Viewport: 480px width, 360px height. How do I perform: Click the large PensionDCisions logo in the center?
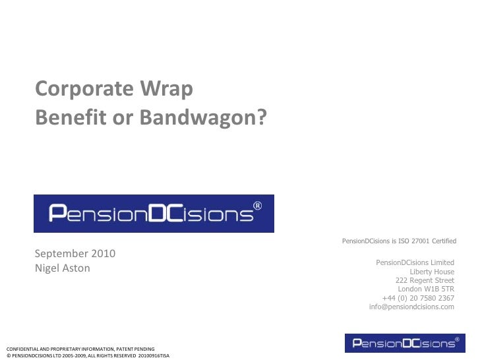click(154, 214)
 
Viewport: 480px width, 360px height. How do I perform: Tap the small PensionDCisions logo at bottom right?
click(404, 343)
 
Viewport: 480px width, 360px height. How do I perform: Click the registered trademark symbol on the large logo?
click(258, 205)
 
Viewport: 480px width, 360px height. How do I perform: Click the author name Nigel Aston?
click(63, 268)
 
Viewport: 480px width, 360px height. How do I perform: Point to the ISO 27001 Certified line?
click(399, 241)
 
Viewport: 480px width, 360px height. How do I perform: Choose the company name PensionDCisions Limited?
click(415, 263)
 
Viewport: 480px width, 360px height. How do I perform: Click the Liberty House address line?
click(432, 272)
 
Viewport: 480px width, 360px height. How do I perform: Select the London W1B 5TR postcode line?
click(426, 289)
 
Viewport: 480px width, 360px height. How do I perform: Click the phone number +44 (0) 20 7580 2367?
click(418, 298)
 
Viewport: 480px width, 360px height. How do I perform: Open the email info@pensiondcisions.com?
click(411, 307)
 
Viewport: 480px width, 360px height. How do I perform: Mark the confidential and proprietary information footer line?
click(80, 348)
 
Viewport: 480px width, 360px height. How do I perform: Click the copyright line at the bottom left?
click(87, 355)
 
